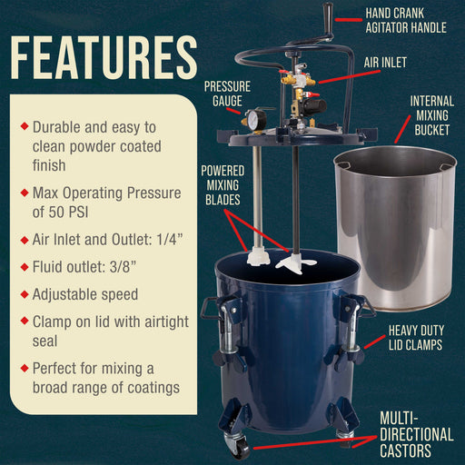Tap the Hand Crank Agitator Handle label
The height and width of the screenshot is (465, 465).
coord(406,21)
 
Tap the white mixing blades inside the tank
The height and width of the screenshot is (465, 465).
coord(282,261)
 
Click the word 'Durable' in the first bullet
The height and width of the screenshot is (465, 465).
coord(61,128)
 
